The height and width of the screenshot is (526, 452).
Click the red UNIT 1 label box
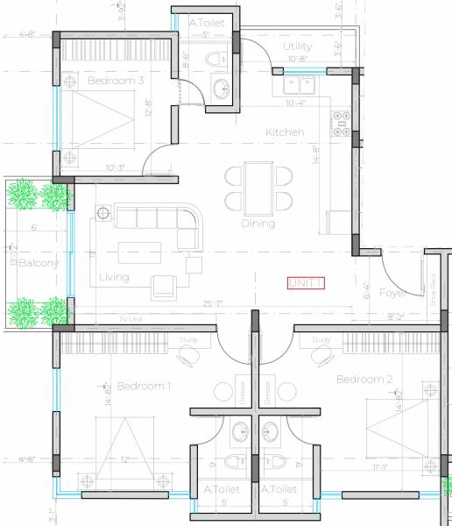tap(307, 282)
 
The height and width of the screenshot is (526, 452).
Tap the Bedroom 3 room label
tap(116, 82)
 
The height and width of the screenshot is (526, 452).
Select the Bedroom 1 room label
tap(144, 386)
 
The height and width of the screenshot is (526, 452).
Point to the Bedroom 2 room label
tap(364, 380)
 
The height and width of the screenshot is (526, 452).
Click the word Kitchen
tap(286, 132)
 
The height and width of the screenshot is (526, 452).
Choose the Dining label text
tap(258, 224)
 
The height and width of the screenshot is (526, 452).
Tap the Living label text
tap(114, 278)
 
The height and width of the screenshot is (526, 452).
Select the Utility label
tap(298, 46)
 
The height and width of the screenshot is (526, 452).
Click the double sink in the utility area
tap(299, 85)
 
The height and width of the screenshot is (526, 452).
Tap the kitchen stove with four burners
tap(341, 122)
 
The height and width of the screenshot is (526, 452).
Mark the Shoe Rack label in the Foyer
tap(432, 289)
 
